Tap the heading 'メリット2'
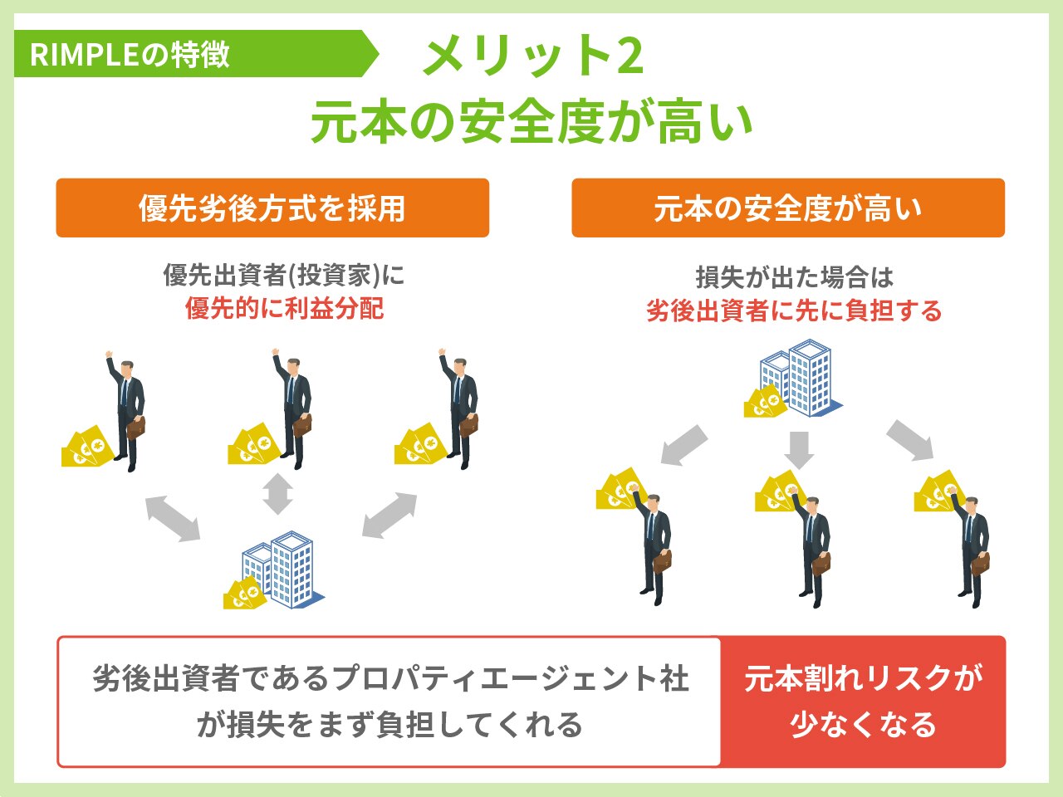pyautogui.click(x=532, y=56)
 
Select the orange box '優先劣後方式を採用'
pyautogui.click(x=272, y=208)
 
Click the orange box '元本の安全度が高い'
pyautogui.click(x=787, y=208)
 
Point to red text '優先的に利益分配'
pyautogui.click(x=284, y=309)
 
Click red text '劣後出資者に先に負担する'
pyautogui.click(x=794, y=311)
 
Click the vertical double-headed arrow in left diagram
pyautogui.click(x=277, y=494)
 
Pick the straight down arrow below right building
pyautogui.click(x=799, y=449)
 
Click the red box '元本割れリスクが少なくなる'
pyautogui.click(x=863, y=702)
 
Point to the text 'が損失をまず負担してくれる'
pyautogui.click(x=389, y=725)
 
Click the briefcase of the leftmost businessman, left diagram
pyautogui.click(x=135, y=427)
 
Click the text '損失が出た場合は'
pyautogui.click(x=794, y=277)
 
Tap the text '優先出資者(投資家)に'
pyautogui.click(x=284, y=275)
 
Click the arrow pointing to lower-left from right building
pyautogui.click(x=684, y=446)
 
